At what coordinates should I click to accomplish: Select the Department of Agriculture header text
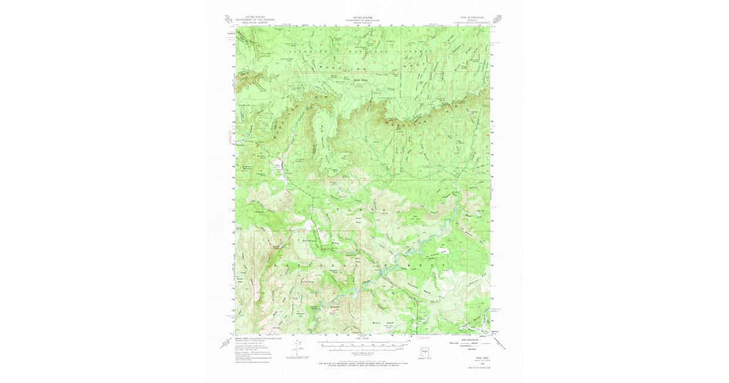(x=362, y=20)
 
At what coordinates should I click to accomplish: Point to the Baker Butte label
(x=345, y=81)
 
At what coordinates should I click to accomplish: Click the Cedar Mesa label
(x=358, y=221)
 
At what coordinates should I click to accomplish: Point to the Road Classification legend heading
(x=465, y=339)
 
